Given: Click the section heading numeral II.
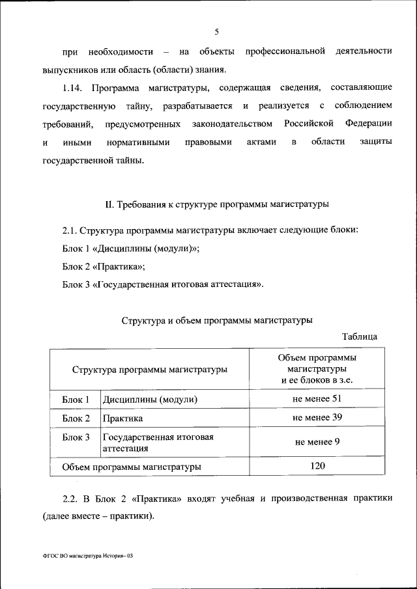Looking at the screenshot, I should pyautogui.click(x=109, y=204).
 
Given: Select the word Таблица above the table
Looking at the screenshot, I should pyautogui.click(x=359, y=336).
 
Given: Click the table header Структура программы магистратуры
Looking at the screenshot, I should pyautogui.click(x=150, y=369).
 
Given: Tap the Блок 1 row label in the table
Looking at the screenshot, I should pyautogui.click(x=76, y=400).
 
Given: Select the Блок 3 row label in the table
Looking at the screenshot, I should pyautogui.click(x=76, y=437).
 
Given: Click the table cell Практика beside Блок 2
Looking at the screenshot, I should pyautogui.click(x=122, y=418).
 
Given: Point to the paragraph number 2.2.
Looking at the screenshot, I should pyautogui.click(x=70, y=499).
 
